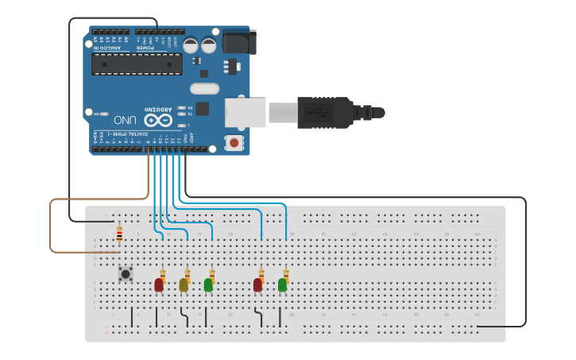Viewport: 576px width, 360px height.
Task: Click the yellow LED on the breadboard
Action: (x=184, y=284)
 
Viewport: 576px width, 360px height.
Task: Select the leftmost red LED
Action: (x=159, y=284)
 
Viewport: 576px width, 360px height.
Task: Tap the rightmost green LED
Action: (x=282, y=284)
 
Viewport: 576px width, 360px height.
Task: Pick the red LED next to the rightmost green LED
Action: (x=257, y=284)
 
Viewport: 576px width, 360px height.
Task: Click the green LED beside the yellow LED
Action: (x=208, y=284)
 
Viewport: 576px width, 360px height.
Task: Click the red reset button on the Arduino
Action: (x=234, y=142)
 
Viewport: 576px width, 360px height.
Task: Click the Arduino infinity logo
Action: (x=157, y=119)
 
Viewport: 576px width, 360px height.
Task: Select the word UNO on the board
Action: (x=126, y=120)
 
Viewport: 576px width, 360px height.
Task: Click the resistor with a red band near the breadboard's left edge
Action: (x=119, y=234)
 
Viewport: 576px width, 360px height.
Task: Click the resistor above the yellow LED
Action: (x=187, y=273)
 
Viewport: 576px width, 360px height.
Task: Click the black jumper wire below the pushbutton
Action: (x=132, y=316)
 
